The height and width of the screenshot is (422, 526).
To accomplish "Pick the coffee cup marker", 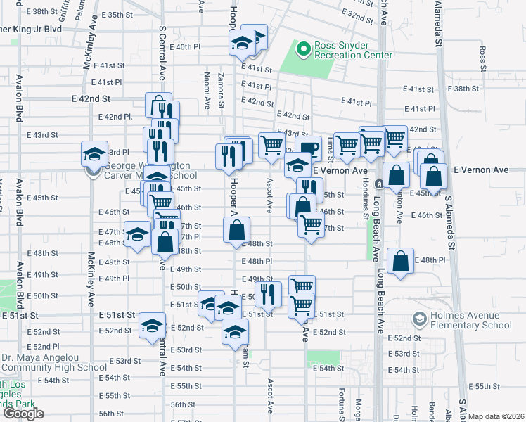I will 308,148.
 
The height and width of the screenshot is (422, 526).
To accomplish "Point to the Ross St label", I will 482,53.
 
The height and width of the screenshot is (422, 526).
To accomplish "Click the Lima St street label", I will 330,146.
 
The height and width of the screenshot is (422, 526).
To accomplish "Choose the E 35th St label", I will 115,15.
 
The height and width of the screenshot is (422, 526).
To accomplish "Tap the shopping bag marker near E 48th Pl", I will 400,261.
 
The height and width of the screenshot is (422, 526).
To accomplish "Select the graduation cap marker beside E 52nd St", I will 151,326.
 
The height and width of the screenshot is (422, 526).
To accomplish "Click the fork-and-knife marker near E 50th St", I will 267,293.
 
